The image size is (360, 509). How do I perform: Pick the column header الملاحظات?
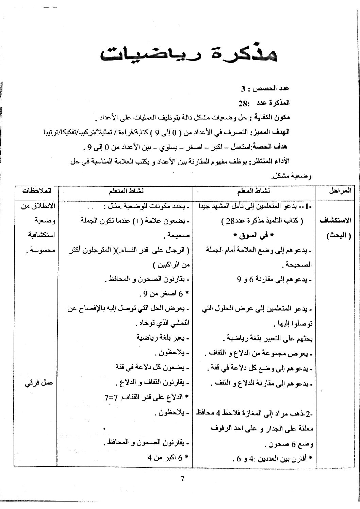pyautogui.click(x=36, y=191)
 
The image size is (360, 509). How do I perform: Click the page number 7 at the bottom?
pyautogui.click(x=182, y=479)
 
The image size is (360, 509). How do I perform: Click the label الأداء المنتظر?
pyautogui.click(x=270, y=161)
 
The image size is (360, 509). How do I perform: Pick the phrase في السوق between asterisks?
pyautogui.click(x=253, y=235)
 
